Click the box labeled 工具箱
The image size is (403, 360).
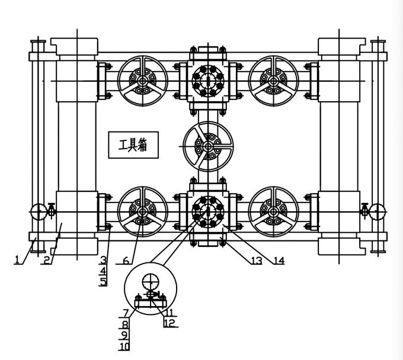pyautogui.click(x=133, y=145)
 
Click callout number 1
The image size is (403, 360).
pyautogui.click(x=17, y=259)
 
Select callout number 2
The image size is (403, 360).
pyautogui.click(x=46, y=261)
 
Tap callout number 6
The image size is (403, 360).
pyautogui.click(x=126, y=261)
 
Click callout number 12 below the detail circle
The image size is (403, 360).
pyautogui.click(x=169, y=323)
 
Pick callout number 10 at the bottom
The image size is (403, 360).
pyautogui.click(x=124, y=346)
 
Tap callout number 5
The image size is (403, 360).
pyautogui.click(x=103, y=282)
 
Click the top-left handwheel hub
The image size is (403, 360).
pyautogui.click(x=142, y=81)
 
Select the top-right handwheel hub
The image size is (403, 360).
pyautogui.click(x=273, y=81)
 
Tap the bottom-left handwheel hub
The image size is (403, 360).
pyautogui.click(x=142, y=212)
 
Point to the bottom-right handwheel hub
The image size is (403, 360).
pyautogui.click(x=273, y=212)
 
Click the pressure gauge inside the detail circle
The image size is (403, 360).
pyautogui.click(x=151, y=281)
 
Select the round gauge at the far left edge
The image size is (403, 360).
pyautogui.click(x=39, y=212)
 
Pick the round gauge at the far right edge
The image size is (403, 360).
pyautogui.click(x=377, y=212)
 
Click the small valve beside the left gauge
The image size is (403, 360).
pyautogui.click(x=52, y=210)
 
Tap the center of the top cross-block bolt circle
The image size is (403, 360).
pyautogui.click(x=207, y=81)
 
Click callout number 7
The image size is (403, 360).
pyautogui.click(x=126, y=313)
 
